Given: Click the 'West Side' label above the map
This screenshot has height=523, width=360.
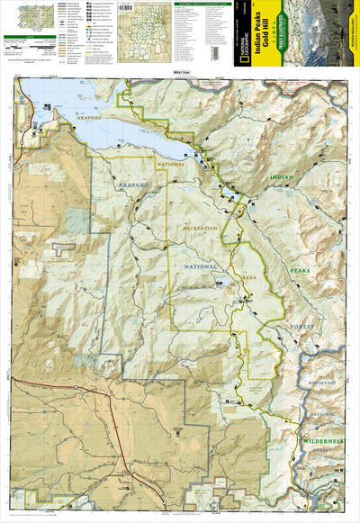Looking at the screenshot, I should [180, 71].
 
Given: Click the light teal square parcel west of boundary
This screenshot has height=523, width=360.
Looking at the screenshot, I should [78, 221].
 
